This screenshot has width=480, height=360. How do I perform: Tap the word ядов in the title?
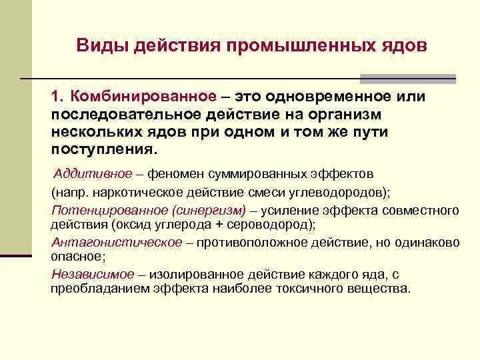pyautogui.click(x=404, y=46)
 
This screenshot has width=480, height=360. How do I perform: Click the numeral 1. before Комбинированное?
pyautogui.click(x=58, y=96)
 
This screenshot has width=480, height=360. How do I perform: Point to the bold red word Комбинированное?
pyautogui.click(x=143, y=97)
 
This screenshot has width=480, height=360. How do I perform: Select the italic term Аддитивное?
pyautogui.click(x=93, y=174)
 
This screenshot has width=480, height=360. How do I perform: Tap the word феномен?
pyautogui.click(x=175, y=174)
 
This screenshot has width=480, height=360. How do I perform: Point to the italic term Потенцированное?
pyautogui.click(x=110, y=211)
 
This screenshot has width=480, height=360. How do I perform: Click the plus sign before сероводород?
pyautogui.click(x=219, y=225)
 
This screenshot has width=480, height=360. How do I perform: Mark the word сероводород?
pyautogui.click(x=267, y=225)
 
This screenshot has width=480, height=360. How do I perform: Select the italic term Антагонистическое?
pyautogui.click(x=117, y=243)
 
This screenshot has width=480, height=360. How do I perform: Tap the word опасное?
pyautogui.click(x=76, y=257)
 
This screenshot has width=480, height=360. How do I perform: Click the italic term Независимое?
pyautogui.click(x=93, y=274)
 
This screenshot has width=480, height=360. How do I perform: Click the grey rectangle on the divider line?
pyautogui.click(x=408, y=79)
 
